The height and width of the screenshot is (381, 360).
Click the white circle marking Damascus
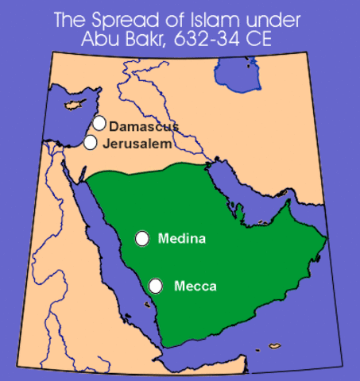99,123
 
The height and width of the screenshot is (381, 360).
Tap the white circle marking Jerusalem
91,142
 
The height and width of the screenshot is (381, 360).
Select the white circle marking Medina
142,237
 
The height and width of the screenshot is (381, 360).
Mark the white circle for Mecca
157,285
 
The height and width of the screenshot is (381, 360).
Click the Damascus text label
144,126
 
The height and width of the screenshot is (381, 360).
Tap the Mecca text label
195,286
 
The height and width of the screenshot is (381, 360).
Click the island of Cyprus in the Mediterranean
70,106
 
